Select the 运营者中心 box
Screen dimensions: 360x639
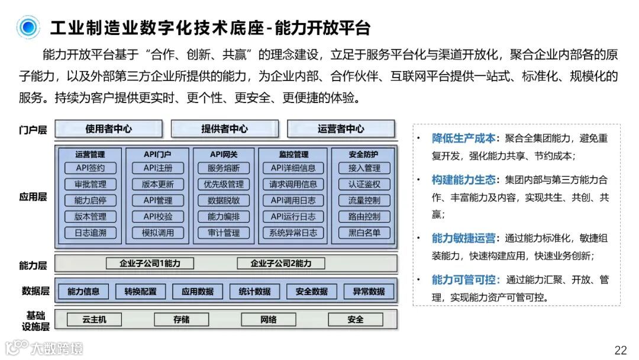(x=341, y=129)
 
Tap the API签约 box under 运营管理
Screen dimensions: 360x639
(x=91, y=168)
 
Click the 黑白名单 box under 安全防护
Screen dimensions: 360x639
(x=364, y=233)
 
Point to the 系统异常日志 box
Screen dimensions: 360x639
(x=293, y=233)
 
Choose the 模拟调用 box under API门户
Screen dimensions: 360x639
(x=158, y=233)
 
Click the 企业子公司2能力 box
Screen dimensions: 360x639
(x=281, y=263)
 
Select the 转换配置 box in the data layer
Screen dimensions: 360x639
(x=140, y=291)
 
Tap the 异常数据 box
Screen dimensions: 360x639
(x=369, y=291)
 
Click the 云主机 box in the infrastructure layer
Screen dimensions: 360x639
(x=95, y=320)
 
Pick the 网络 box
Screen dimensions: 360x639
(x=269, y=320)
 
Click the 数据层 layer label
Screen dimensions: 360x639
(x=33, y=291)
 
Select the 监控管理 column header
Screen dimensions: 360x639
(x=293, y=154)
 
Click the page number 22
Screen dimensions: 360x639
(x=621, y=349)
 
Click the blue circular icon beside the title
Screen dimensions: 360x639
(x=28, y=28)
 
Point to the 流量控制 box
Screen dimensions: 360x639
(x=364, y=201)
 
